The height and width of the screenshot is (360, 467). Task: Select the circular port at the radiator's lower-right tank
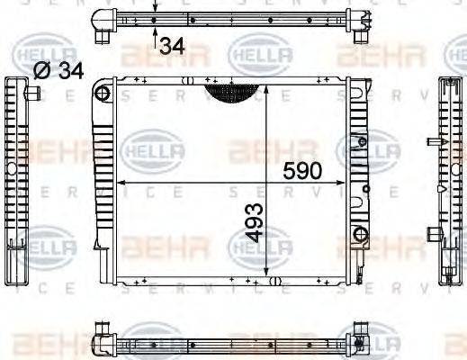point(361,237)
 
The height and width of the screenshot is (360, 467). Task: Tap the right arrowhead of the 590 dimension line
point(345,182)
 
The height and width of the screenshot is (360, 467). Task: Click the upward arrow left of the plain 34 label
point(156,38)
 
